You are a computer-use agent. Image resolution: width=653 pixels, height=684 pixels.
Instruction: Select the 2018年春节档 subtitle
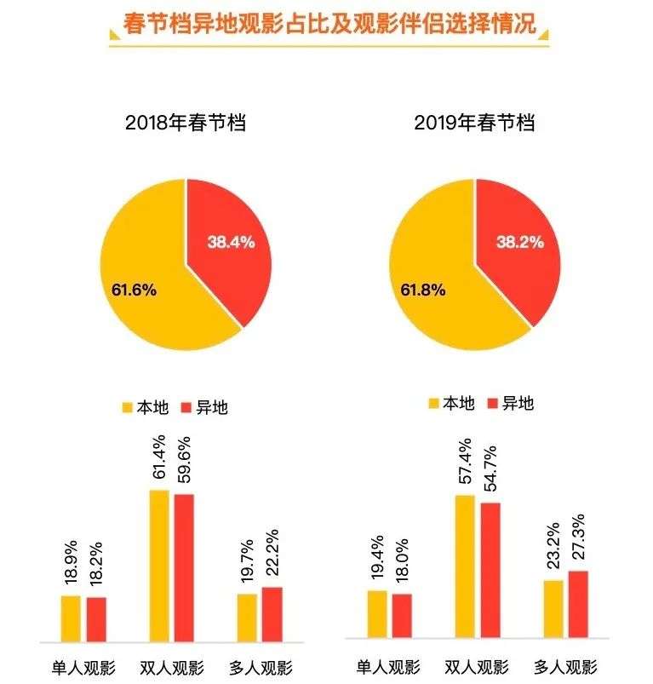point(186,123)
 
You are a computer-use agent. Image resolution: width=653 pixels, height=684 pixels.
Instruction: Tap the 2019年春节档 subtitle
point(474,123)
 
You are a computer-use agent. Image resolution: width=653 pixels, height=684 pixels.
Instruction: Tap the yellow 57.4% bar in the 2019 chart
point(465,566)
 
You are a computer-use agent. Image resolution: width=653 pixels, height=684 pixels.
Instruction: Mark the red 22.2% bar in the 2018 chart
point(272,614)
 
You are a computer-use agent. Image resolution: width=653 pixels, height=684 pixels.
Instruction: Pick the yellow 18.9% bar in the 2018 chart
point(71,618)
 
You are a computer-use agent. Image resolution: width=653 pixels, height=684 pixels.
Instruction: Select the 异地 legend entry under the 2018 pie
point(204,407)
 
